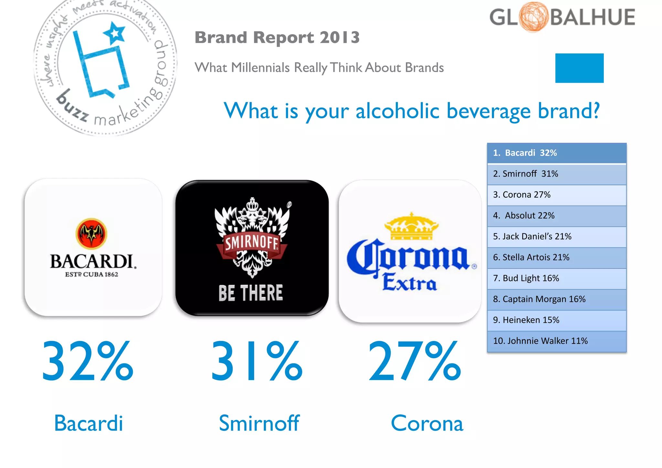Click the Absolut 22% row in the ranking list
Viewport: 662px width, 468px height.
point(556,216)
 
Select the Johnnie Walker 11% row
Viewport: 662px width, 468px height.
point(556,341)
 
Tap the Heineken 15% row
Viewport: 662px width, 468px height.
point(556,320)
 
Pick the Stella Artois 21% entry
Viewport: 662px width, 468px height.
point(556,257)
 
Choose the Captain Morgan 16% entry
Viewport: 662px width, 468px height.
point(556,299)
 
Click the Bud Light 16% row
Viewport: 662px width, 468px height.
point(556,278)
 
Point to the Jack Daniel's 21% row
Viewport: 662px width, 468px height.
point(556,236)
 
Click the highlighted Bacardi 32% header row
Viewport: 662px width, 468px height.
point(556,153)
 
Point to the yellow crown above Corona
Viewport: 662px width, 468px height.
point(411,226)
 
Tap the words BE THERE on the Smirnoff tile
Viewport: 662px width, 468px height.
point(251,293)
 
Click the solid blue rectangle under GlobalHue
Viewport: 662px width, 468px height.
point(579,68)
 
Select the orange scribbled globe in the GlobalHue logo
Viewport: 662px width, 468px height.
point(534,17)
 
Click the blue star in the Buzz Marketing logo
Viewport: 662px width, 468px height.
point(115,33)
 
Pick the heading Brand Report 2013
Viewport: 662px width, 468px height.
point(277,38)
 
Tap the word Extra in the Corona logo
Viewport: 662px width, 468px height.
point(410,282)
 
